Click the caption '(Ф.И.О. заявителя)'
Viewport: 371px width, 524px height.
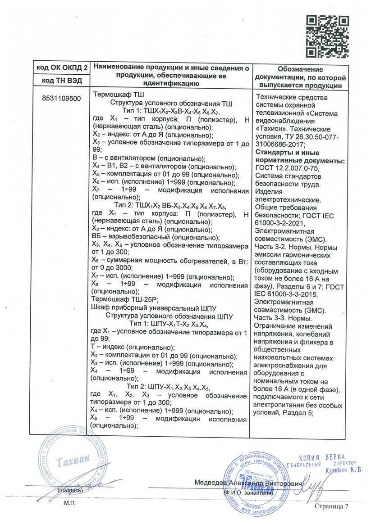click(x=248, y=493)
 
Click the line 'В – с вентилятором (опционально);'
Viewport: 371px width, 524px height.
click(x=148, y=159)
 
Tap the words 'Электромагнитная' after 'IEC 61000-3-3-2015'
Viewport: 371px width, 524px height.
click(x=283, y=303)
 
